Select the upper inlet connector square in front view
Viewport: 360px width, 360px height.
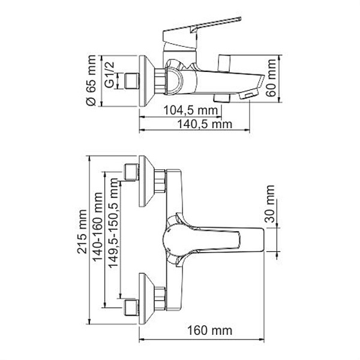coord(130,172)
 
